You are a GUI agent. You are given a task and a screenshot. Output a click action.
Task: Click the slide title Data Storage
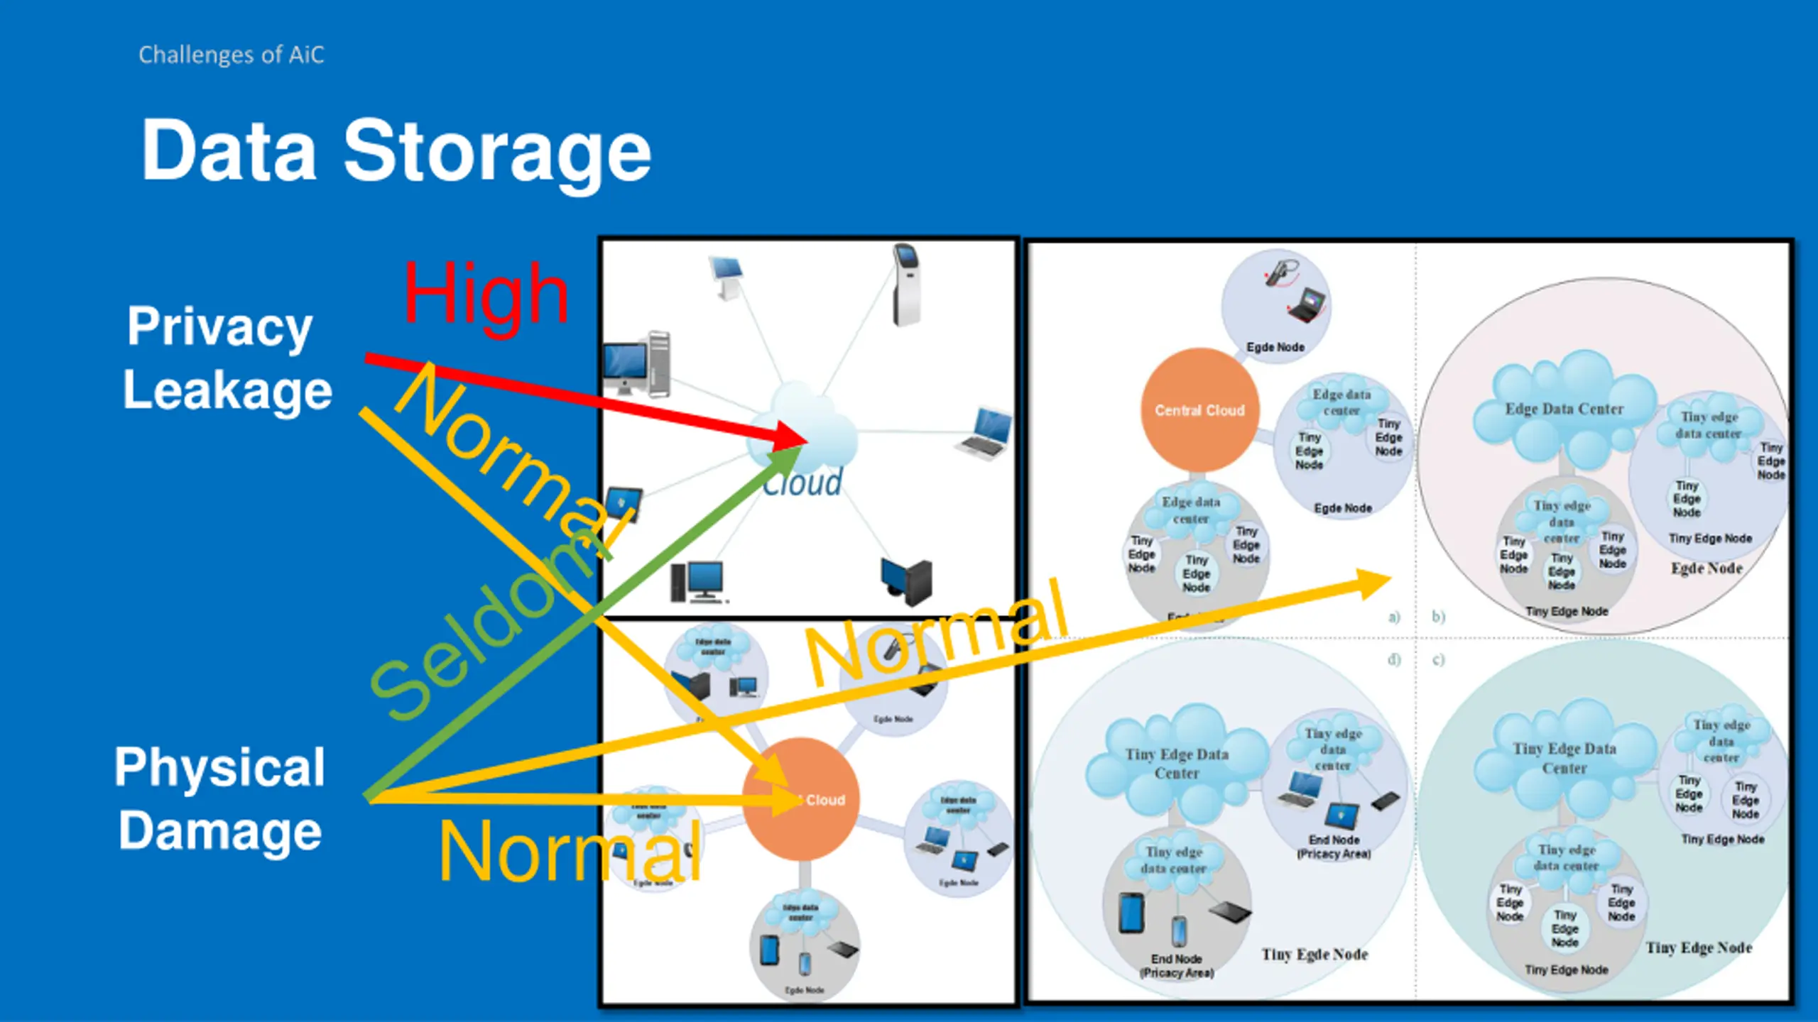(x=396, y=151)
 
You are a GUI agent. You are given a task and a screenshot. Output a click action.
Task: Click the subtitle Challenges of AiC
(x=231, y=55)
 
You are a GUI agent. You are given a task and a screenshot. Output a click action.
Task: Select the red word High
(x=486, y=294)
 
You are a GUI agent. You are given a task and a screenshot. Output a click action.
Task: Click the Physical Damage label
(x=220, y=798)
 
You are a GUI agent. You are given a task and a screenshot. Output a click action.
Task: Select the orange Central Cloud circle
(x=1199, y=410)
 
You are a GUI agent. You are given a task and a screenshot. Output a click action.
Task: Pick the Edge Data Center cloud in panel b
(x=1564, y=410)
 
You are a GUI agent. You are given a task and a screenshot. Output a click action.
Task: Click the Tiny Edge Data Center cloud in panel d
(x=1177, y=764)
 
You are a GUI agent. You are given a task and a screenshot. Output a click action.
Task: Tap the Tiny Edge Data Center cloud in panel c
(x=1564, y=758)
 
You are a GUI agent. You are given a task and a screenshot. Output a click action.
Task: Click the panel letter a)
(x=1394, y=617)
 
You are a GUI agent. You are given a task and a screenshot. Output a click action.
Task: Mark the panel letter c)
(x=1438, y=659)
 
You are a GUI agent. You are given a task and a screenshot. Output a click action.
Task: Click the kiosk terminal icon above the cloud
(x=905, y=284)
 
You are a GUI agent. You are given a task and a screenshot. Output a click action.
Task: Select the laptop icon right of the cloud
(x=986, y=433)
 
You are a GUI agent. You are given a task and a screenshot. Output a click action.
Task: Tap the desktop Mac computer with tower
(x=637, y=363)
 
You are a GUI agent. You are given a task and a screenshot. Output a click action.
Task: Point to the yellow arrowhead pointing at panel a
(x=1374, y=583)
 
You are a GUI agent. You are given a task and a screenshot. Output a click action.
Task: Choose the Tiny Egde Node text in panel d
(x=1314, y=955)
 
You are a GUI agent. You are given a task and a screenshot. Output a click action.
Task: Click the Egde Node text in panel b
(x=1707, y=568)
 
